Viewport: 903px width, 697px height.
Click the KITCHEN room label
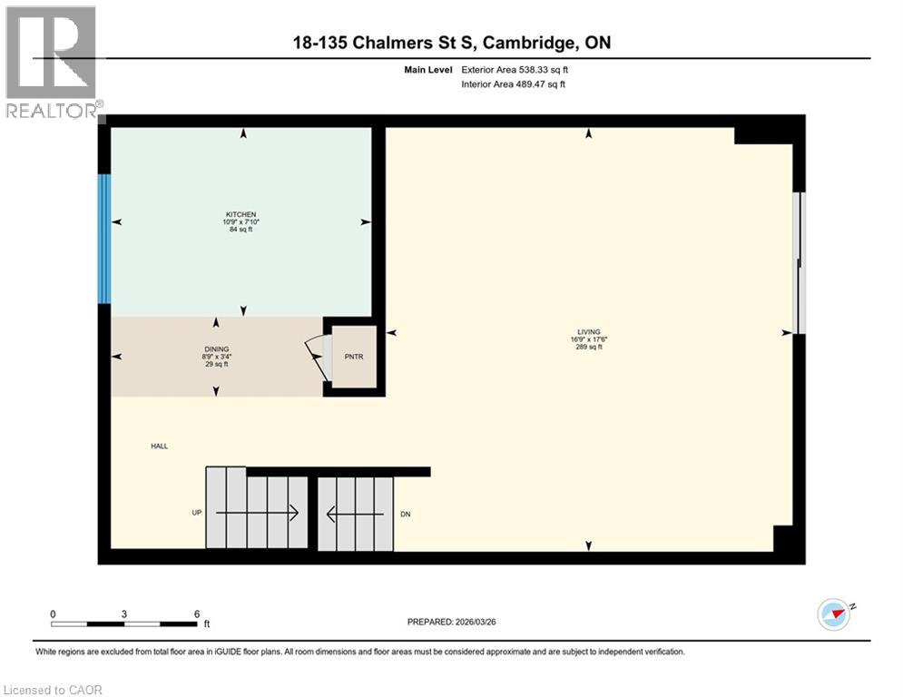point(242,214)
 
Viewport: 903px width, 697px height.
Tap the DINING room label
point(216,348)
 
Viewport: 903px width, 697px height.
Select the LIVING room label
point(589,331)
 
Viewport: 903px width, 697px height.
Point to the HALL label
point(160,446)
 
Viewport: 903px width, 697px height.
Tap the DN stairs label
point(405,514)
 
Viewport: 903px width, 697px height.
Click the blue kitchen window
point(104,239)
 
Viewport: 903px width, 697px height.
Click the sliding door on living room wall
point(798,263)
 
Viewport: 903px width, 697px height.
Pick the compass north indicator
point(836,614)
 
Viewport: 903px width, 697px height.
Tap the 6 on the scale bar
point(196,614)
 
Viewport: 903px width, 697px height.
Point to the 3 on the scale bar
point(124,614)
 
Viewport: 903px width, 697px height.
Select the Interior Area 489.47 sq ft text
point(514,84)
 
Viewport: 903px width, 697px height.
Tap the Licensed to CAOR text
point(54,690)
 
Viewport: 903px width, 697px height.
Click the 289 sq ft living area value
point(589,347)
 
